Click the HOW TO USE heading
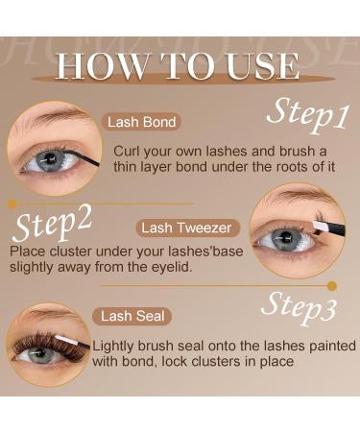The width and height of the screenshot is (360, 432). coord(179,66)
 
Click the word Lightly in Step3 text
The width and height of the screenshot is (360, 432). coord(124,345)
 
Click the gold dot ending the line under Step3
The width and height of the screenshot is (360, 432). coord(332,285)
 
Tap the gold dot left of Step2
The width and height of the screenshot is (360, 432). coord(12,204)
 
